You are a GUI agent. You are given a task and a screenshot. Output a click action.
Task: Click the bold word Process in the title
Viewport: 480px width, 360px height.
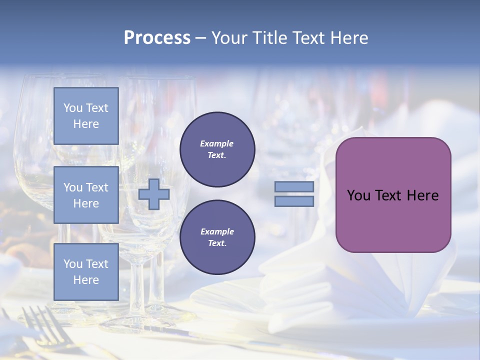pyautogui.click(x=157, y=38)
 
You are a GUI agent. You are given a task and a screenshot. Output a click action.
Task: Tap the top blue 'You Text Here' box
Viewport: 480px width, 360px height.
pyautogui.click(x=86, y=116)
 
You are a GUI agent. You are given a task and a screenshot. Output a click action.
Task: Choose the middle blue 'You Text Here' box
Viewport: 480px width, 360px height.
pyautogui.click(x=86, y=195)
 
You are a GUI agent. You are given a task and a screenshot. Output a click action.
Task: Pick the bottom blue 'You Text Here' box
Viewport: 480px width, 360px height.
pyautogui.click(x=86, y=272)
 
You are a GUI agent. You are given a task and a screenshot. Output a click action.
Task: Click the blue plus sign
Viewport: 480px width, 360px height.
pyautogui.click(x=154, y=194)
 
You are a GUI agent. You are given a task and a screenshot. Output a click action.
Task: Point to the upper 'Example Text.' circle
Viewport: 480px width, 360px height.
pyautogui.click(x=217, y=149)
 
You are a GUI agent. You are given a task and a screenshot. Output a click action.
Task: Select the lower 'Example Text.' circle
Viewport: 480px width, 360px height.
pyautogui.click(x=217, y=237)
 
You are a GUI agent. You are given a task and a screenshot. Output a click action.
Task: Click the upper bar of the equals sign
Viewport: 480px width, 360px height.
pyautogui.click(x=294, y=186)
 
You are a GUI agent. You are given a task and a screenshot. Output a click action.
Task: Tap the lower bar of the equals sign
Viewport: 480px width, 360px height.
pyautogui.click(x=294, y=201)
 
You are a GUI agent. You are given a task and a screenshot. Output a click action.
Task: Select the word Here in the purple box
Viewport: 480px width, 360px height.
pyautogui.click(x=423, y=195)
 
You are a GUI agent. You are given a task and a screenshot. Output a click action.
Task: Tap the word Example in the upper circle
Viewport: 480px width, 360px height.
pyautogui.click(x=217, y=143)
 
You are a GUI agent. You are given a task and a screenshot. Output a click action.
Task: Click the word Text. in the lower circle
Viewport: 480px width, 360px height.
pyautogui.click(x=217, y=243)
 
